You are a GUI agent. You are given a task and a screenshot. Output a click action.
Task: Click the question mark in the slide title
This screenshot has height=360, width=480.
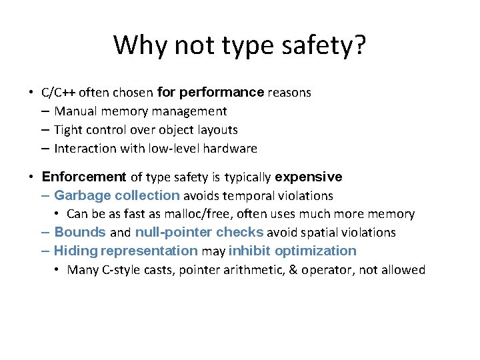(x=359, y=45)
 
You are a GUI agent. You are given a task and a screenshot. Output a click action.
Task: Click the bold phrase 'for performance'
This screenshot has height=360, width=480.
(x=210, y=93)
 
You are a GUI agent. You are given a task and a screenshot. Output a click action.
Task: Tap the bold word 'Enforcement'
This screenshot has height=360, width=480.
(x=83, y=177)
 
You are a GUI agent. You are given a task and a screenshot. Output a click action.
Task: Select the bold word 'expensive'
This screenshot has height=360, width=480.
(x=308, y=177)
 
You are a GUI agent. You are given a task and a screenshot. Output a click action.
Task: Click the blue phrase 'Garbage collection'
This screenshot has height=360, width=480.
(x=117, y=196)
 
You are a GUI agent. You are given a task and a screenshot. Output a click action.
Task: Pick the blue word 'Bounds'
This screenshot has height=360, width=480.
(x=80, y=233)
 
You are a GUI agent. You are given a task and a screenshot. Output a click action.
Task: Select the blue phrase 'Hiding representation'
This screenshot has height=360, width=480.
(x=125, y=251)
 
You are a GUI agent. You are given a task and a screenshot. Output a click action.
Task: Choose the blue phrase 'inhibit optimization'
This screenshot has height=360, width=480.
(x=293, y=251)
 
